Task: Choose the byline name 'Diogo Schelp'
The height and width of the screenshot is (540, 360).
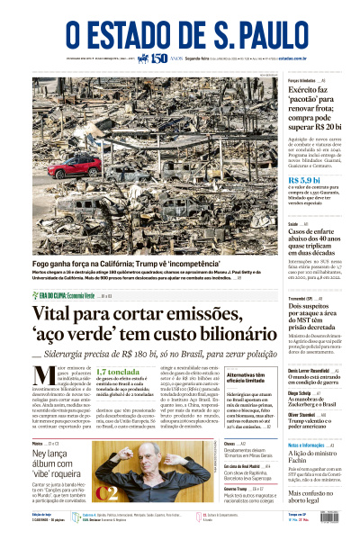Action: (300, 392)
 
